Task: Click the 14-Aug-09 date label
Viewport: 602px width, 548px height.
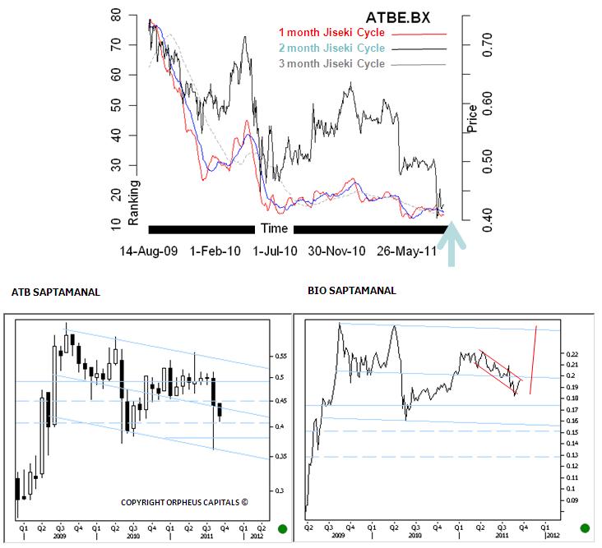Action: pos(149,250)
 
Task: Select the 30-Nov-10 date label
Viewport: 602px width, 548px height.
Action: pos(336,250)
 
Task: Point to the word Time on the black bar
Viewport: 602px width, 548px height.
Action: pos(274,228)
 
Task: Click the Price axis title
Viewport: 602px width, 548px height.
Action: pos(472,119)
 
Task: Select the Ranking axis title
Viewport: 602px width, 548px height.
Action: pos(134,201)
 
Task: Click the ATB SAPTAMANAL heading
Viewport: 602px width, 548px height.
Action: pos(57,291)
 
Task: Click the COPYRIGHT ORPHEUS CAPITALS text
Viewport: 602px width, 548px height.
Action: pos(184,503)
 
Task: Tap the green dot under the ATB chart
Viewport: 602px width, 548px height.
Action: pos(283,527)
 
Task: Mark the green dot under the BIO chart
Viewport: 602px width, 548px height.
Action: pos(586,527)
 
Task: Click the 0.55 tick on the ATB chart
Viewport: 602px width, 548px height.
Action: pos(283,357)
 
